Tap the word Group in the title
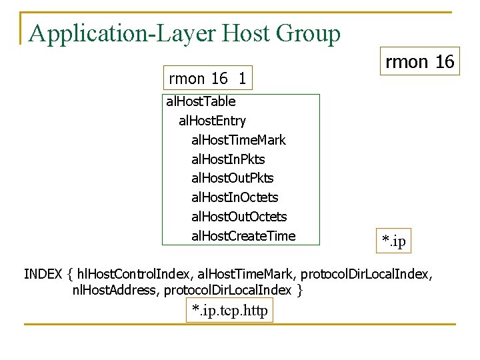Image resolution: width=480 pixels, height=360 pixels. (311, 33)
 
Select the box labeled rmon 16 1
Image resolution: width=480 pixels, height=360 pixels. (207, 79)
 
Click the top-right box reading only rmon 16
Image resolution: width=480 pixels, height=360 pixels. (419, 62)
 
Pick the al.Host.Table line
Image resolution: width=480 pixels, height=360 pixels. (201, 102)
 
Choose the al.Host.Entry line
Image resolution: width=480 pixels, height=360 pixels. (212, 121)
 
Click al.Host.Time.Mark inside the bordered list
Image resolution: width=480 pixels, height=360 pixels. (238, 140)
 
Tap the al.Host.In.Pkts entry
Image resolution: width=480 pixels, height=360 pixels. (228, 159)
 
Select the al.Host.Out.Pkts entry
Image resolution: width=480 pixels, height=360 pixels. (232, 178)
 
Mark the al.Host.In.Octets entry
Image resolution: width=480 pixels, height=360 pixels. (235, 197)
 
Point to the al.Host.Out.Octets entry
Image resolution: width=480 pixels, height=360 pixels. (239, 217)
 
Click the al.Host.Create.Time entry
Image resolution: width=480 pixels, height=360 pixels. (243, 236)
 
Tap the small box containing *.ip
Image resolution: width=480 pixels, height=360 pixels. (393, 240)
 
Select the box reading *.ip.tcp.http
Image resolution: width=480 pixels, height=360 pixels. (229, 311)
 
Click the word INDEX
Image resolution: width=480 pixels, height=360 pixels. (43, 274)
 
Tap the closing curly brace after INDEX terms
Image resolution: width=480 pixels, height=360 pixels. (301, 291)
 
